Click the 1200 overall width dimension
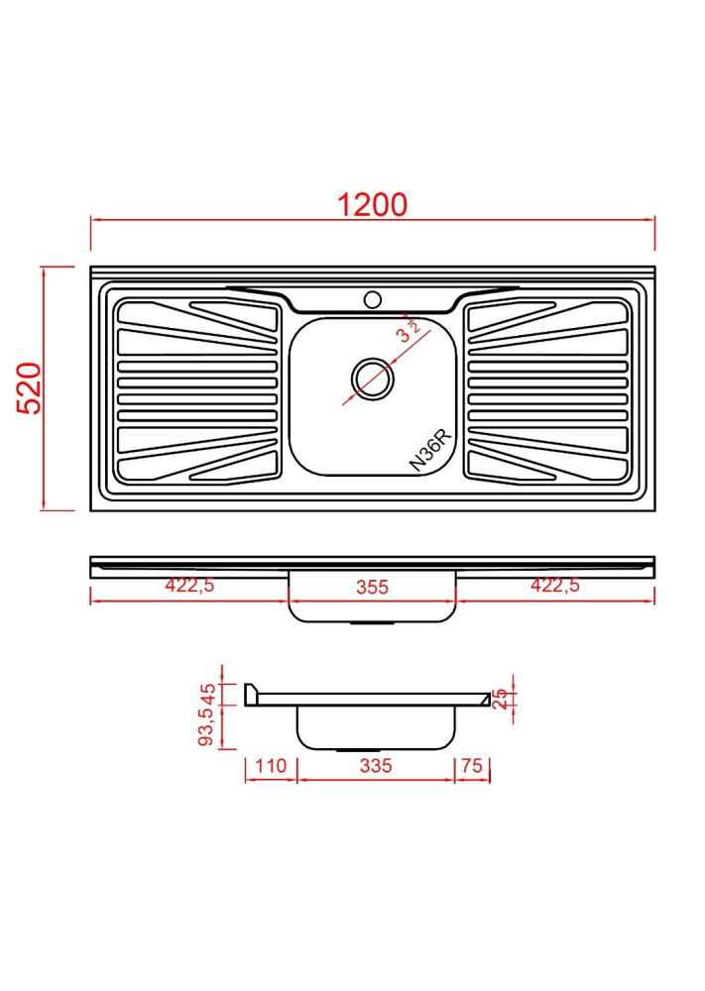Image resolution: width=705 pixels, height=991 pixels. coord(372,204)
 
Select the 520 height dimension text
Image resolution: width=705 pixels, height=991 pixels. coord(30,388)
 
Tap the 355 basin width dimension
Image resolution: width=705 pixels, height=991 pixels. coord(372,587)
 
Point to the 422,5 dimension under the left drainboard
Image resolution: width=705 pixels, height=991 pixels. coord(189,586)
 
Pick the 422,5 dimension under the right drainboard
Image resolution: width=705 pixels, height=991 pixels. coord(554,586)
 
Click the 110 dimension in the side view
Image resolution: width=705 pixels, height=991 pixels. coord(270,765)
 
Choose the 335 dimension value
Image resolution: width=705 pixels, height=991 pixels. coord(376,765)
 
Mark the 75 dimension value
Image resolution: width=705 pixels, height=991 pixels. coord(472,765)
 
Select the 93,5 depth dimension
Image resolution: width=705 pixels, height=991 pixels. coord(207,728)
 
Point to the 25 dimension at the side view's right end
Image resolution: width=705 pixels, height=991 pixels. coord(501,699)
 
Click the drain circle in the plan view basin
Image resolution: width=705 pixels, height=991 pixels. coord(373,377)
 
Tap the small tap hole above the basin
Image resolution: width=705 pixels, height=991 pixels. coord(373,298)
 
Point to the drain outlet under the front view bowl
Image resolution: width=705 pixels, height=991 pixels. coord(372,623)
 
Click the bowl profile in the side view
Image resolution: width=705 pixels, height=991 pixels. coord(376,728)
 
